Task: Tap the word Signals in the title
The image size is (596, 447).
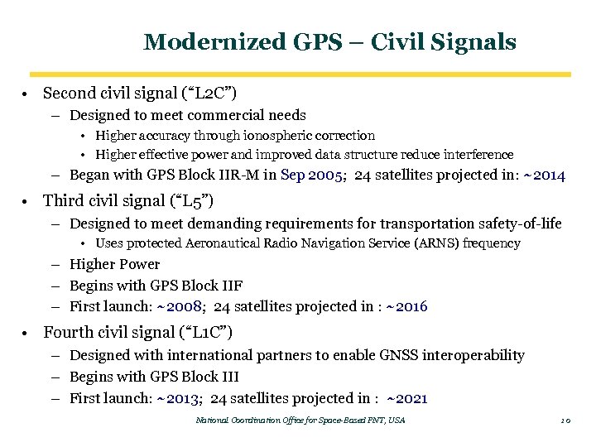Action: [476, 41]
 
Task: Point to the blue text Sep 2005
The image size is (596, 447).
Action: [311, 175]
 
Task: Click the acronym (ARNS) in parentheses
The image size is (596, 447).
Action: [438, 243]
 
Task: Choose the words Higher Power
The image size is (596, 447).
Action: [114, 264]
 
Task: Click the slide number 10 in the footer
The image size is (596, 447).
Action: [566, 421]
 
